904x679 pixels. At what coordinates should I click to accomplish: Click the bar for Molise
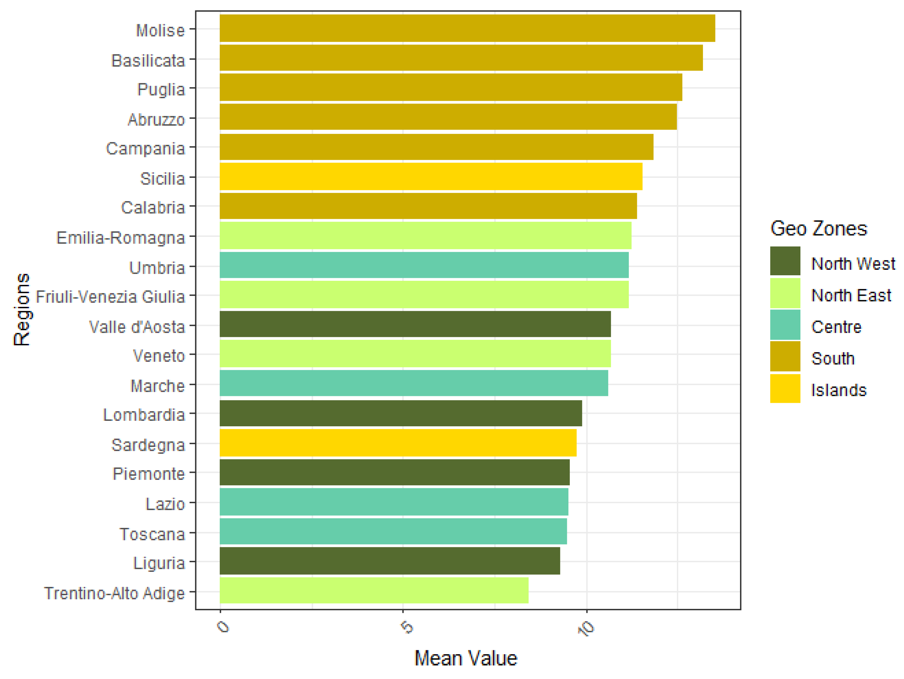pos(467,28)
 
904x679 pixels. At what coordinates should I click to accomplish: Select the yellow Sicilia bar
pos(431,177)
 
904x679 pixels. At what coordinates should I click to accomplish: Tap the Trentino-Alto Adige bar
pos(374,590)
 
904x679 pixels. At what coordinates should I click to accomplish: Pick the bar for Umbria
pos(424,265)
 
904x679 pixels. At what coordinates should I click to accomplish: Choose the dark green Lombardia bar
pos(400,413)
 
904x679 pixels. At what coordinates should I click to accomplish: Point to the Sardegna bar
pos(398,443)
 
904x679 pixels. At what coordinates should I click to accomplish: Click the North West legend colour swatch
pos(785,261)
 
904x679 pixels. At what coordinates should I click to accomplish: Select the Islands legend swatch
pos(785,388)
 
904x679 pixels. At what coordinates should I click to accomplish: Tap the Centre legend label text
pos(836,327)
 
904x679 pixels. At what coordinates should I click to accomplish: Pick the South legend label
pos(832,359)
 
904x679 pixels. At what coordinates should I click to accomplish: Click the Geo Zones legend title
pos(818,228)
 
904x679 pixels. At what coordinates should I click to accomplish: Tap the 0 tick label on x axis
pos(224,627)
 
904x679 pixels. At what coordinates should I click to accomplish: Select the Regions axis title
pos(22,309)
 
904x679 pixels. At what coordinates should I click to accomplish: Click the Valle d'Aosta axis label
pos(137,327)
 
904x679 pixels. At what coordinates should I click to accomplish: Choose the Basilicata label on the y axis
pos(148,60)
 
